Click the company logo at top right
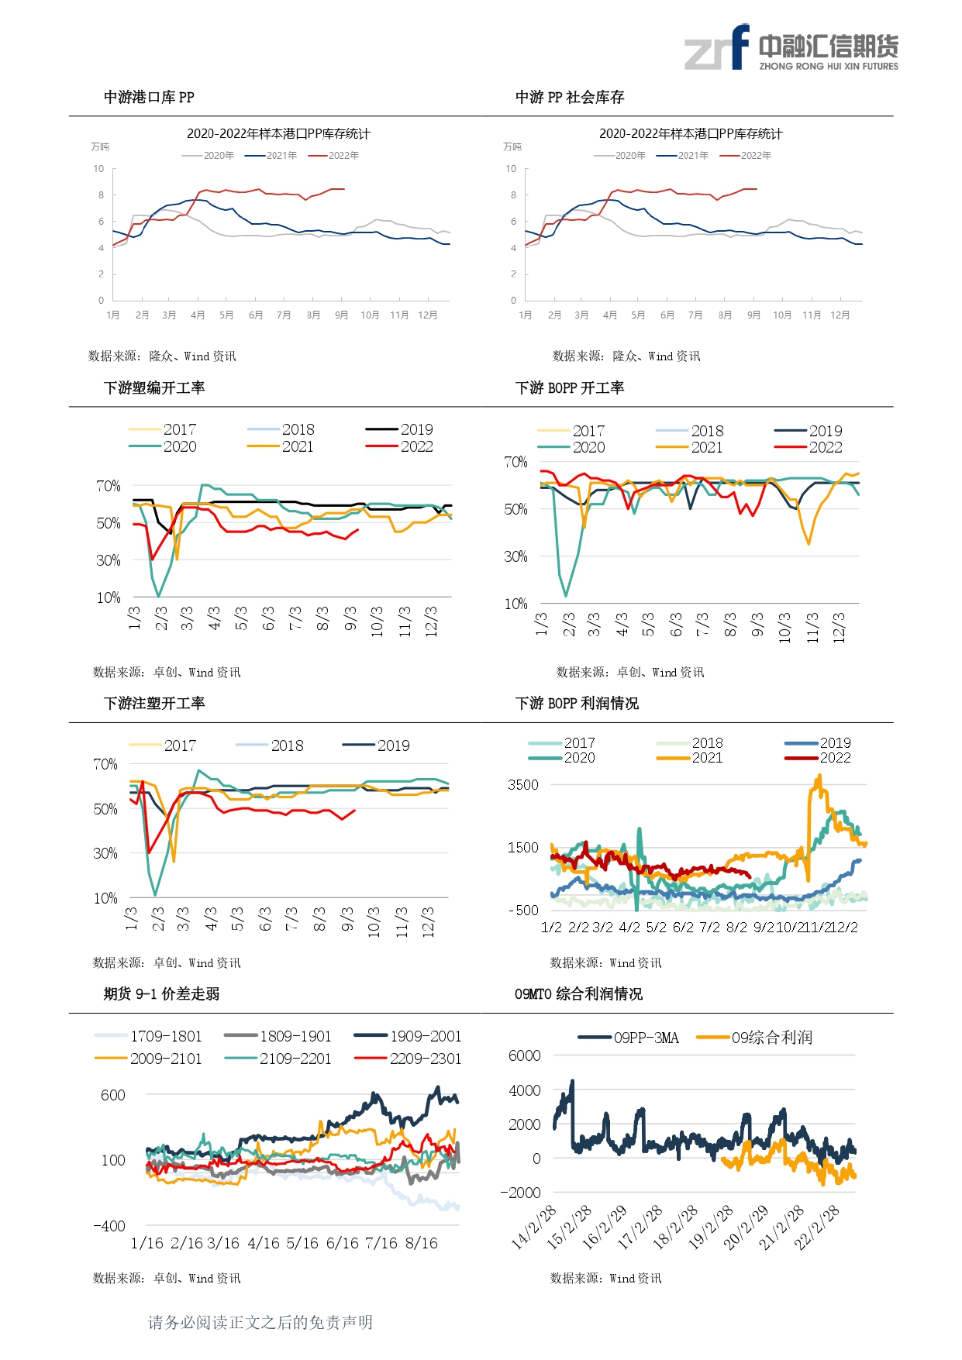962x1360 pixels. [791, 47]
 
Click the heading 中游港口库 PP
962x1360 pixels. [149, 97]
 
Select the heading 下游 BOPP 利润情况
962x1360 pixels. [577, 703]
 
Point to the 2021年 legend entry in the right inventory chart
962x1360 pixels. [682, 156]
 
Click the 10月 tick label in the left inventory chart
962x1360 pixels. [370, 315]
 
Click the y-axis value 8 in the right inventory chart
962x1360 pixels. [513, 195]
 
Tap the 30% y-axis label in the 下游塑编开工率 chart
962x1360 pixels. [109, 560]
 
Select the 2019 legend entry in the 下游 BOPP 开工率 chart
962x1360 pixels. [808, 431]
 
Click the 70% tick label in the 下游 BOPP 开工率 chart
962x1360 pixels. [515, 462]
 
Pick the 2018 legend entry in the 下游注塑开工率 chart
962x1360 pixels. [270, 745]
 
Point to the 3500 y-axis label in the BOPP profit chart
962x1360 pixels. [523, 784]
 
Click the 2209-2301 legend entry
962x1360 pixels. [408, 1059]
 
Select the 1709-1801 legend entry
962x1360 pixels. [148, 1036]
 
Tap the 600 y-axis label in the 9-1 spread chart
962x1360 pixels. [113, 1095]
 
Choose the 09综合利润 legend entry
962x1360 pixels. [754, 1038]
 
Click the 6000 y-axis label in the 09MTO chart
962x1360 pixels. [525, 1055]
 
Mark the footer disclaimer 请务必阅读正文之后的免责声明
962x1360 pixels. [260, 1322]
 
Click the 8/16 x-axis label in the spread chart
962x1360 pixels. [422, 1243]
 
